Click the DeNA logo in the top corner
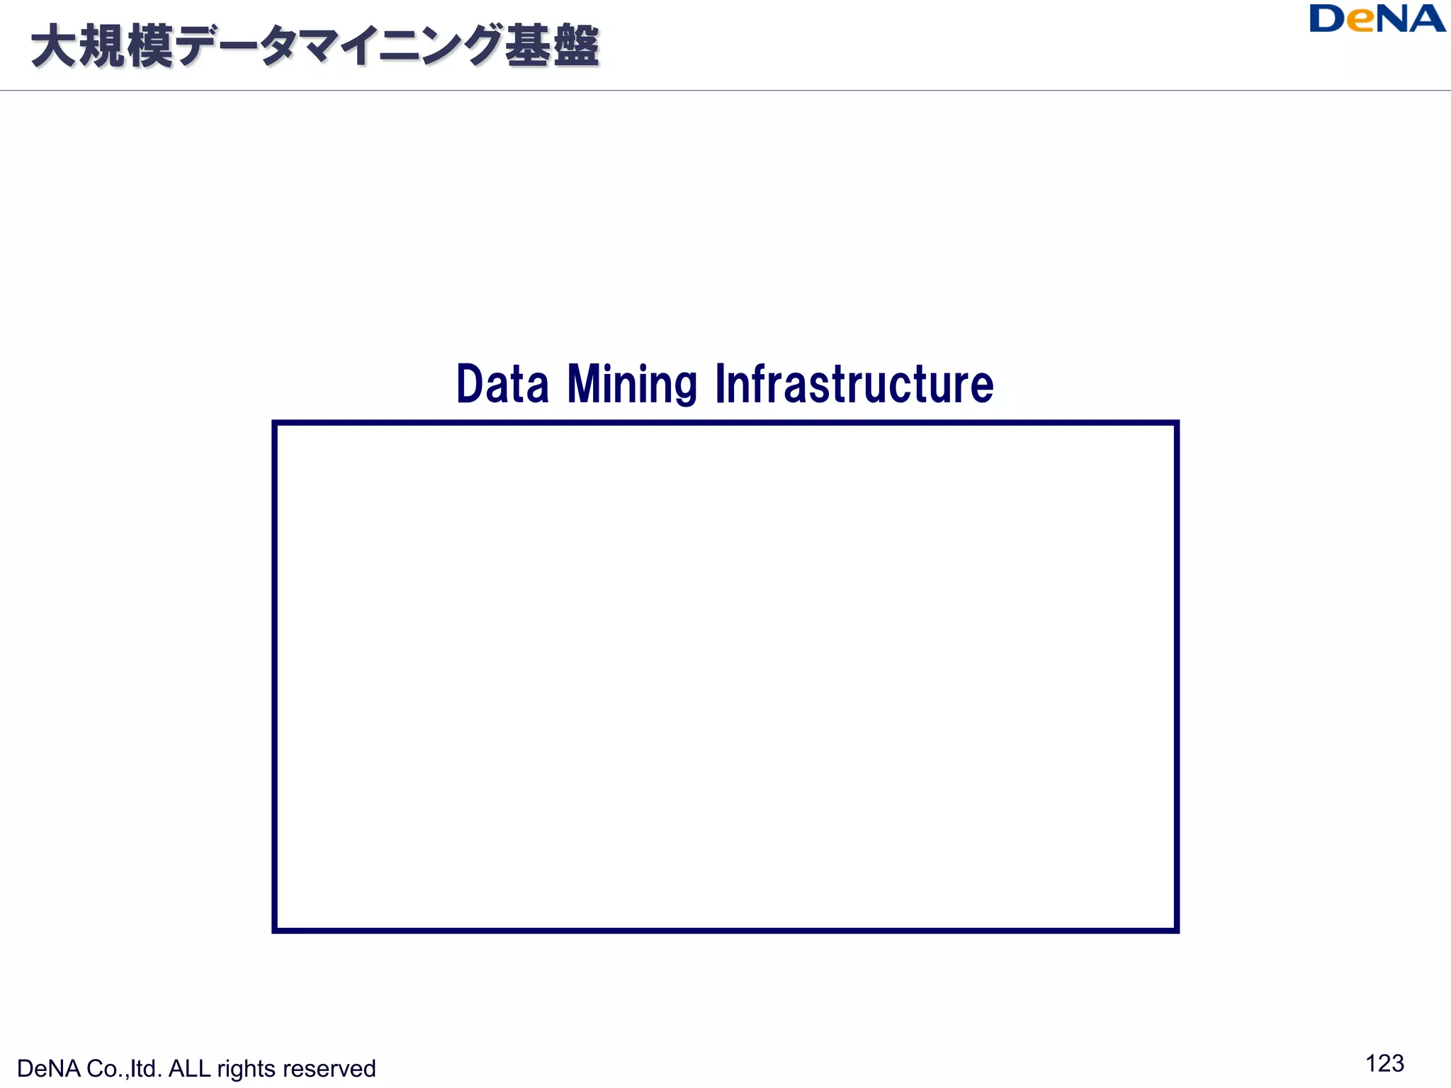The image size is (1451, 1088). tap(1377, 19)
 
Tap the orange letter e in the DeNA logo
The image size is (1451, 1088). tap(1360, 22)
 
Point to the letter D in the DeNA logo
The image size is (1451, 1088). tap(1327, 19)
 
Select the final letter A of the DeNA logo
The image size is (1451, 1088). tap(1423, 19)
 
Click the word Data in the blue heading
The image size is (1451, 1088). tap(502, 384)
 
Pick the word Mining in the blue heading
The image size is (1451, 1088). tap(632, 384)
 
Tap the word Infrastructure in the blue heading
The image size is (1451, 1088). tap(854, 384)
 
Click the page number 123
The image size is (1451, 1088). tap(1384, 1063)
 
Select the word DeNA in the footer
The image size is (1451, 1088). tap(48, 1068)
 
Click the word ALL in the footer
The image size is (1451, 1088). tap(189, 1068)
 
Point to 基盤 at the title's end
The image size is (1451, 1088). tap(552, 47)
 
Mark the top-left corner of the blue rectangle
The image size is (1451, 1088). tap(275, 424)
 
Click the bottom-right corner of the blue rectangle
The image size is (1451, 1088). tap(1176, 930)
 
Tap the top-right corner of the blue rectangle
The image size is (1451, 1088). tap(1176, 424)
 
